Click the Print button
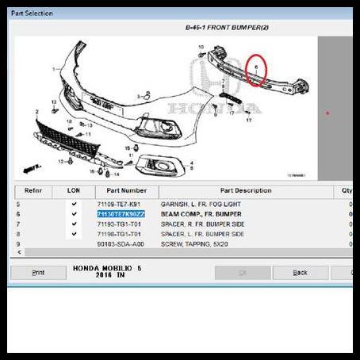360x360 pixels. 38,272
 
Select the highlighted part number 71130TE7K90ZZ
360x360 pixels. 121,214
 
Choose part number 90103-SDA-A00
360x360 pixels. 121,243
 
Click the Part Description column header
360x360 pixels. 246,190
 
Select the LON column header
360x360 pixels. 74,190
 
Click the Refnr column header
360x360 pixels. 33,190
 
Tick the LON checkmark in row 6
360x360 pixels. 74,214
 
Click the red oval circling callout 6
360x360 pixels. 257,71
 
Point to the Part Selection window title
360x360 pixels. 33,13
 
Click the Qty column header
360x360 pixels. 346,190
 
